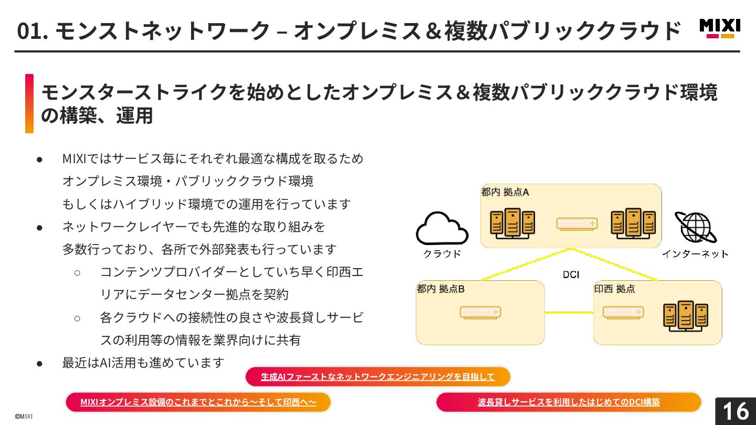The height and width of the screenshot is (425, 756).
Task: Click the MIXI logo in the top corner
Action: point(720,28)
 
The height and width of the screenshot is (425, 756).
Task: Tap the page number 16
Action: point(736,411)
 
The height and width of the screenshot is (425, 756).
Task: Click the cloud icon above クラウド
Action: point(442,229)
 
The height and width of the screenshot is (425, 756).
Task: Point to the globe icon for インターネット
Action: point(696,227)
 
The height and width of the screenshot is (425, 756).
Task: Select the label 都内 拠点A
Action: point(505,192)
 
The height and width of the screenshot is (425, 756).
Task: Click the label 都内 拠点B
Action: point(440,289)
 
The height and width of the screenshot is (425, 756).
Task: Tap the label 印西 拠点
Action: point(614,289)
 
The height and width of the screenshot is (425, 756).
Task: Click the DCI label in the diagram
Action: point(571,274)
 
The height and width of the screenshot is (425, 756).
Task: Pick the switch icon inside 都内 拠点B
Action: point(480,312)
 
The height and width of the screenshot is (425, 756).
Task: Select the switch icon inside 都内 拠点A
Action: point(577,224)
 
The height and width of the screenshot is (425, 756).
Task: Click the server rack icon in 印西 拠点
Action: point(685,315)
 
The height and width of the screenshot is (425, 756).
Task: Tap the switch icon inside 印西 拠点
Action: point(623,312)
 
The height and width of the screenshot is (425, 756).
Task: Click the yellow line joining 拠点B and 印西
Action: point(569,313)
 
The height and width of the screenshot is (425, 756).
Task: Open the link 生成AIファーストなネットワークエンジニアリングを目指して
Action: point(378,377)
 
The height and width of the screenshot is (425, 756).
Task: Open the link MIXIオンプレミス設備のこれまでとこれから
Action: point(198,402)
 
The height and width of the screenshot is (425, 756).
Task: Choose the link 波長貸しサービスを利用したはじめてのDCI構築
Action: point(569,402)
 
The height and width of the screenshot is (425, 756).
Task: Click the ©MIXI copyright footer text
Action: point(24,416)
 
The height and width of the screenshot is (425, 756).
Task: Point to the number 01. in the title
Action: point(33,30)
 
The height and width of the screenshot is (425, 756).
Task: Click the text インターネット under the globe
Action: point(695,254)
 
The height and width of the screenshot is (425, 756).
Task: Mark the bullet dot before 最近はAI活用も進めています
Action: point(39,363)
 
